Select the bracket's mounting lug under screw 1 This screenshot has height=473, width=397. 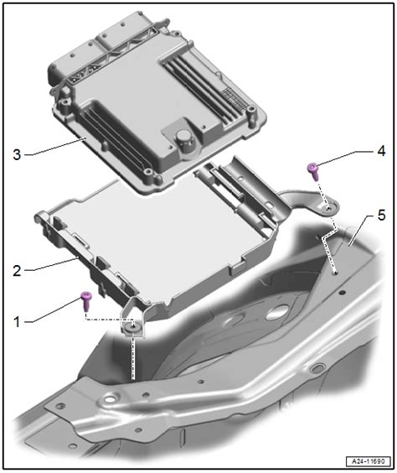131,328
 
